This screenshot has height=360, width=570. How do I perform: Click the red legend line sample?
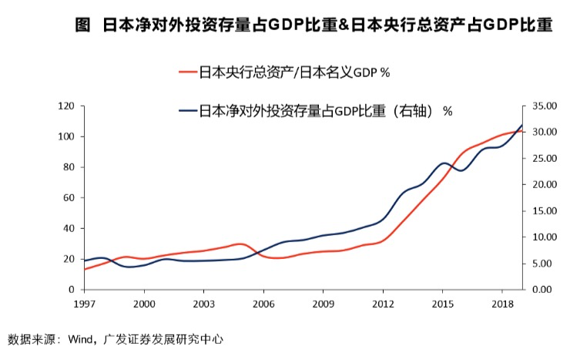coord(187,72)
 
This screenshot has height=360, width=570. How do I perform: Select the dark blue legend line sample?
coord(187,111)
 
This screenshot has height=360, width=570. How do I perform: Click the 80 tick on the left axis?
coord(68,167)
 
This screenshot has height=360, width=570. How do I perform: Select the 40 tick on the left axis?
coord(68,228)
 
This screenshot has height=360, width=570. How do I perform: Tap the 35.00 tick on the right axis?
coord(543,106)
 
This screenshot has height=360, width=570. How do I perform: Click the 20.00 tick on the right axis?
coord(543,184)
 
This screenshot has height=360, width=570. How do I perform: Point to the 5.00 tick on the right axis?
coord(543,264)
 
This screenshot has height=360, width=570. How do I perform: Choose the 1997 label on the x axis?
coord(85,304)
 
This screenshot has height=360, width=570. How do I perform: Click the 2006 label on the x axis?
coord(263,304)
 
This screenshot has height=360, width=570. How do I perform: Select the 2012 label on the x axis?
coord(383,304)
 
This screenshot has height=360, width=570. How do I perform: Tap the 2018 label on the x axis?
coord(502,304)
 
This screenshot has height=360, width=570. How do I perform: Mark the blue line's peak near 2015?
coord(444,163)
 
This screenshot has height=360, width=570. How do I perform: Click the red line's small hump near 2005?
coord(241,244)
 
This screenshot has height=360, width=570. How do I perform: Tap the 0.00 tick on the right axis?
coord(543,290)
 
